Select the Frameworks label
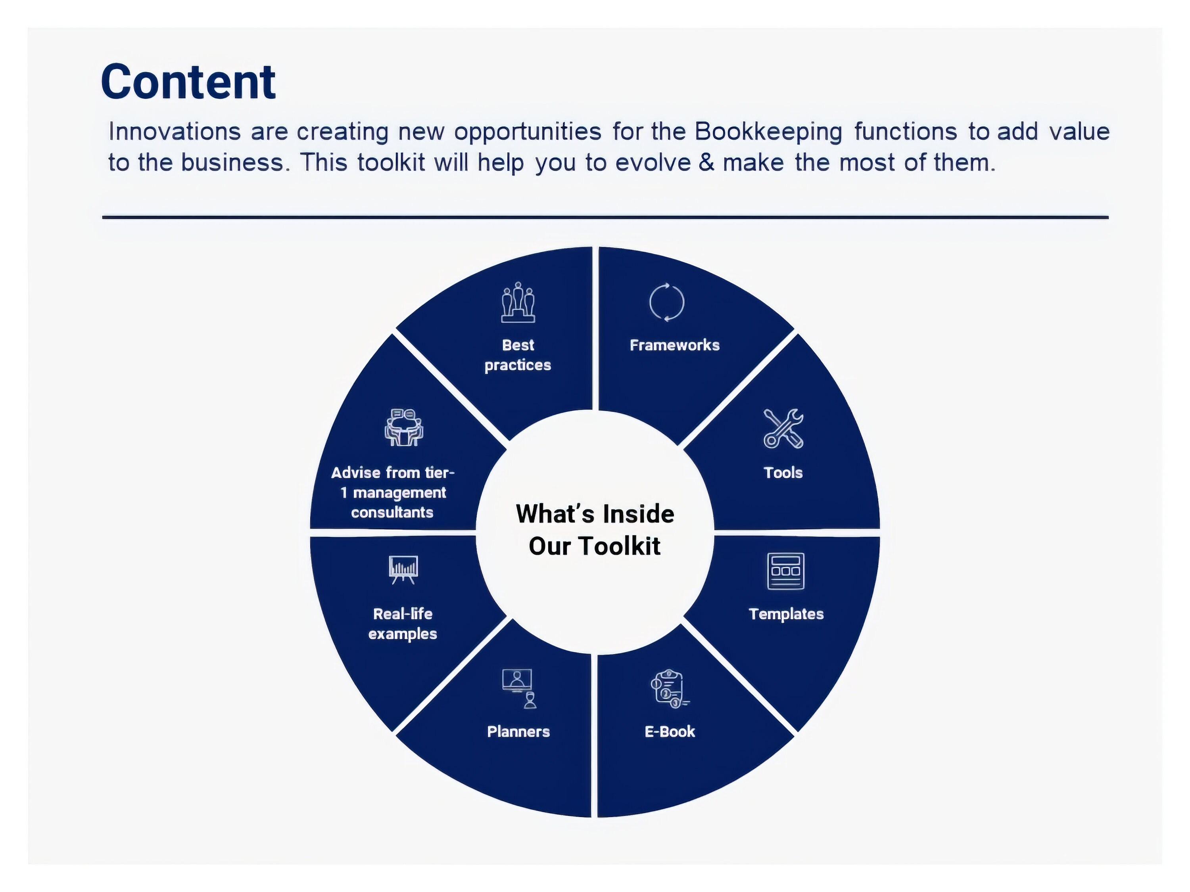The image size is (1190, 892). point(675,345)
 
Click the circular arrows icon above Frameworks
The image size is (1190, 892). point(666,302)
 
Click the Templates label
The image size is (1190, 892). point(786,614)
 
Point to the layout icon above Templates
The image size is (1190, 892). point(785,571)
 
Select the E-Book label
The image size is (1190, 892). point(670,732)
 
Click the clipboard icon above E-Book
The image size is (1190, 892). point(669,689)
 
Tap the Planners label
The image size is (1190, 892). point(518,732)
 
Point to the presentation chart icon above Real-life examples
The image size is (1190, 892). point(403,569)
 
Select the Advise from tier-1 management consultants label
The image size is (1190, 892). point(393,492)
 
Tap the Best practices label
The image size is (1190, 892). point(518,355)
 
